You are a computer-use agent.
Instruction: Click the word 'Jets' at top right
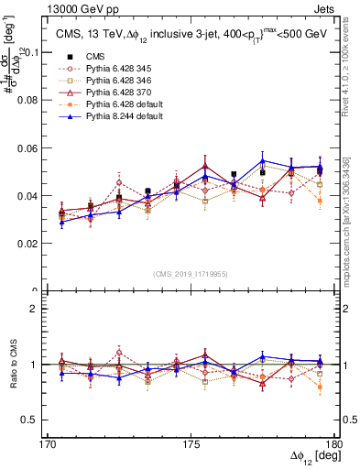(326, 7)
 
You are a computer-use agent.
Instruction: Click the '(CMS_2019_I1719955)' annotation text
(191, 273)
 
